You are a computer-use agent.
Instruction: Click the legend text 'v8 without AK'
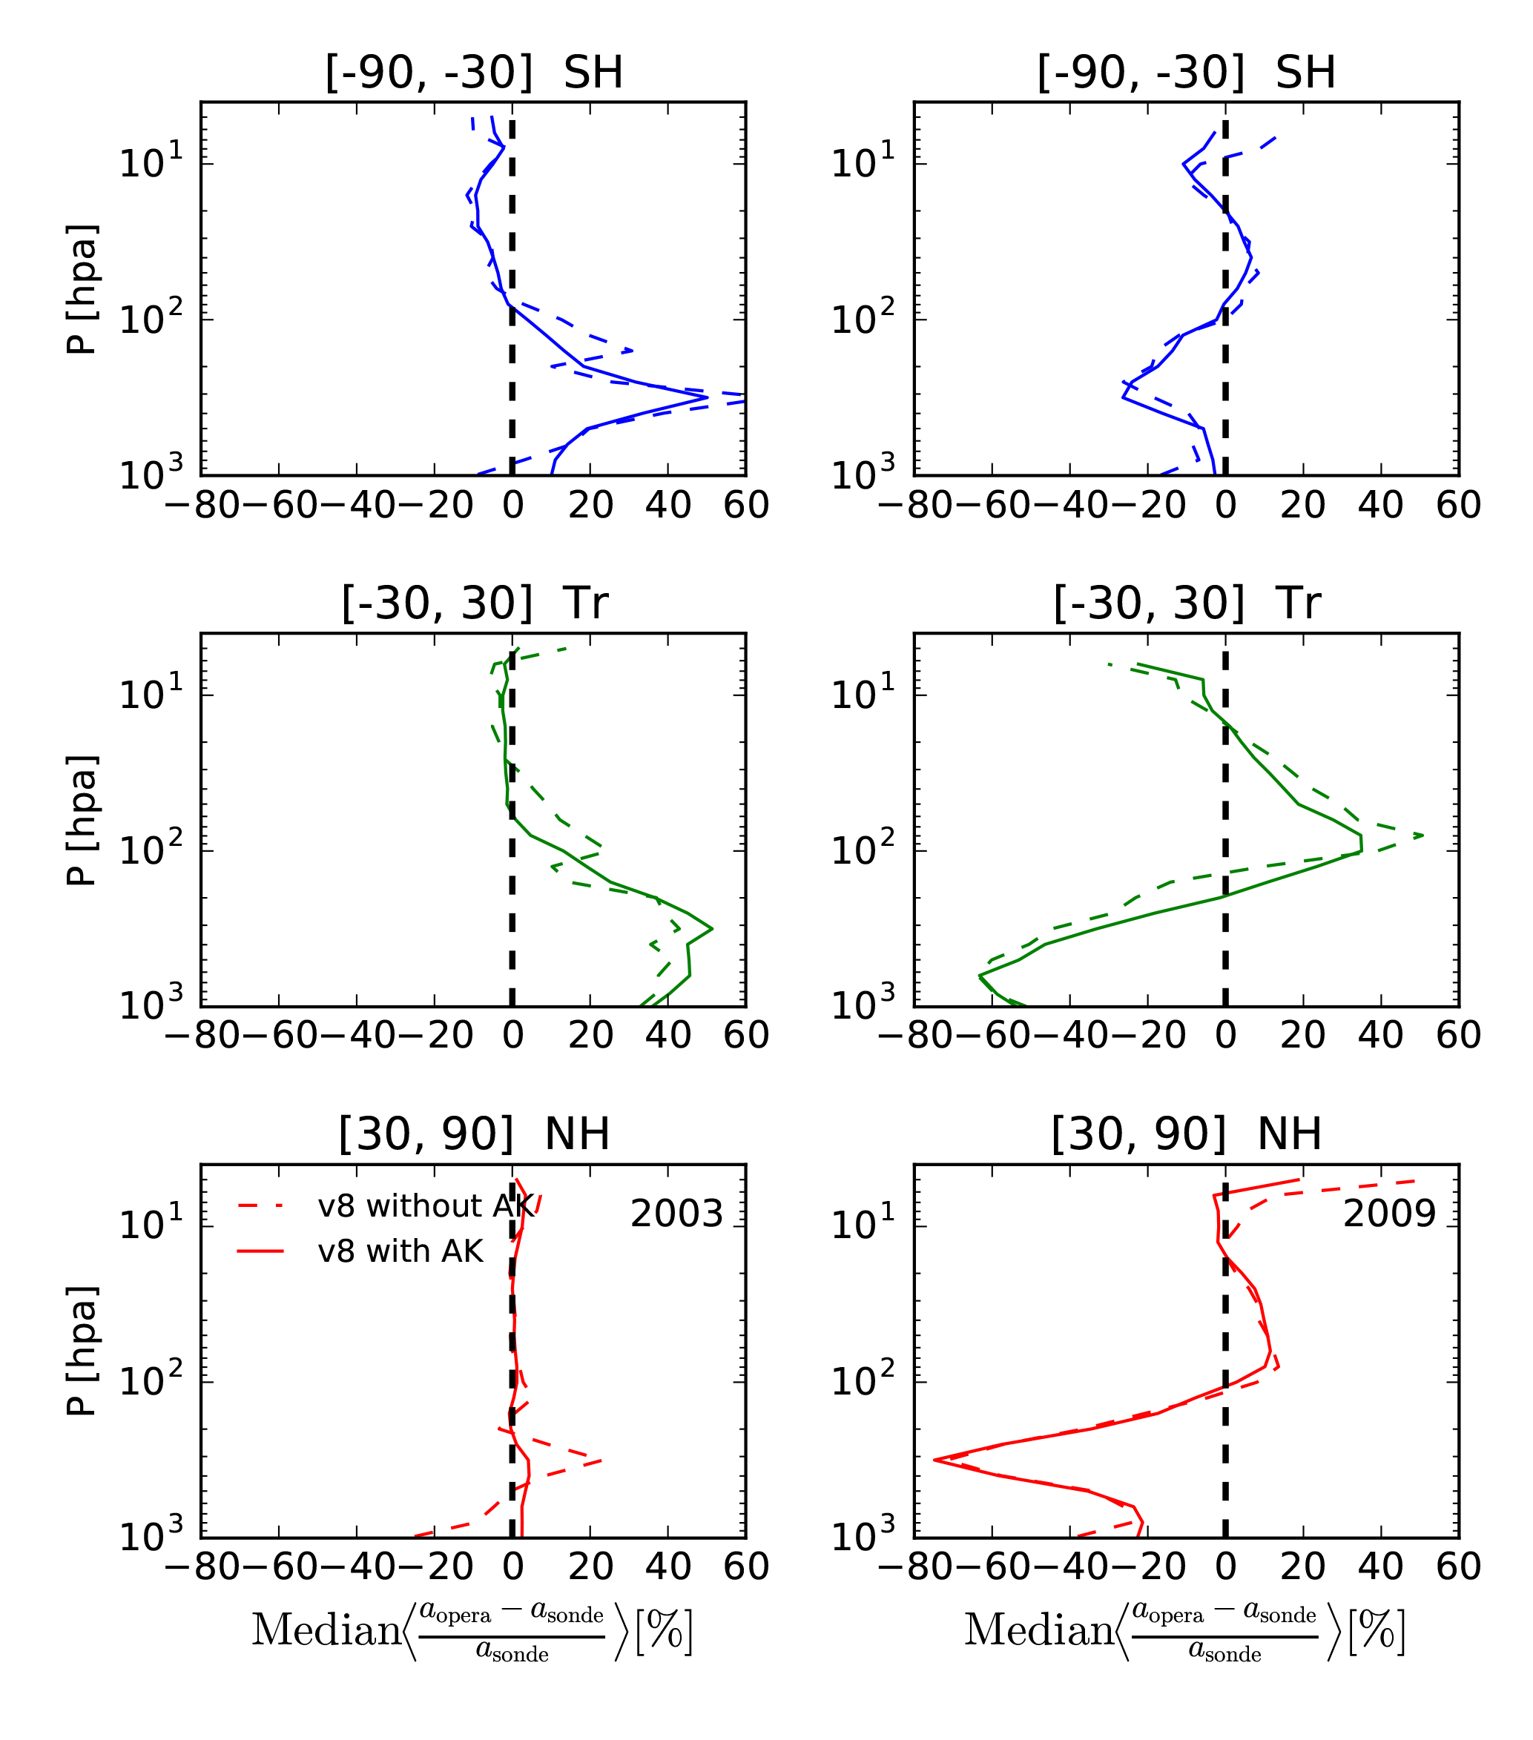coord(426,1206)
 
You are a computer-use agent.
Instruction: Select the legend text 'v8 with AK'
coord(400,1251)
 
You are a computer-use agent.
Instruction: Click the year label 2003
coord(676,1214)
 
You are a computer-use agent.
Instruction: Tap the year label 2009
coord(1389,1214)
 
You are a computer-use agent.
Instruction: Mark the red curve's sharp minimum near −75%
coord(934,1460)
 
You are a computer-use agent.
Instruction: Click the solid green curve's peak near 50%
coord(711,929)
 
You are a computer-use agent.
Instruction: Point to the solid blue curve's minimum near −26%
coord(1124,398)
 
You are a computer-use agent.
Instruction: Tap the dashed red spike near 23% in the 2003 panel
coord(601,1461)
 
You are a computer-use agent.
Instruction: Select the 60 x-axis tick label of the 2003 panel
coord(746,1567)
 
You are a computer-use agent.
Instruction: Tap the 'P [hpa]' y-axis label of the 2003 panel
coord(82,1351)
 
